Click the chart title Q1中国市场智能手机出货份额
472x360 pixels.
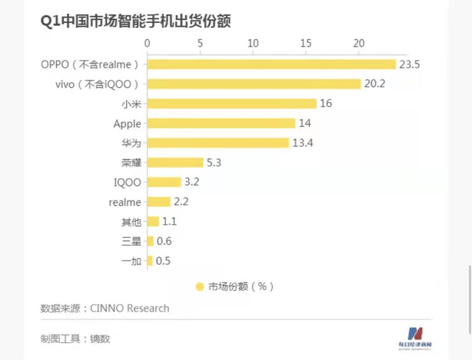[136, 21]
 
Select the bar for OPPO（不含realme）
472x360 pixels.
[271, 64]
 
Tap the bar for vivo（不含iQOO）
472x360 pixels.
[254, 83]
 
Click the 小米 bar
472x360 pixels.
[232, 103]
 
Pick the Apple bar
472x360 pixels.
[221, 123]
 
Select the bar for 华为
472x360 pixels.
[218, 142]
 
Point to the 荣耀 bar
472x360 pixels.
[175, 162]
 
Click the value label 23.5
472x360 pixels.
[409, 64]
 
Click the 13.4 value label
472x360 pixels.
[303, 142]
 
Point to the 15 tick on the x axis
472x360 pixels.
[306, 44]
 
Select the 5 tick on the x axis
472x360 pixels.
[200, 44]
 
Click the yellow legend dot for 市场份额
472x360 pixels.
[199, 286]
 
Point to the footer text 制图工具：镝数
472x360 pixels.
[75, 339]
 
